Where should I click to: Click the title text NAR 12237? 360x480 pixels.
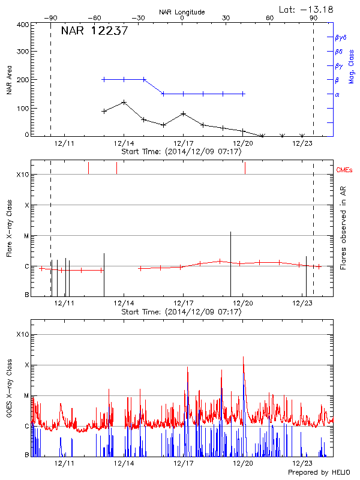(95, 31)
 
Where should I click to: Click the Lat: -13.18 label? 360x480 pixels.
(307, 9)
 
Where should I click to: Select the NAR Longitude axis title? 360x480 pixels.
(182, 12)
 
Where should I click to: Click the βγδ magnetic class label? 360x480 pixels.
(341, 37)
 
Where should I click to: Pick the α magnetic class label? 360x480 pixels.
(337, 94)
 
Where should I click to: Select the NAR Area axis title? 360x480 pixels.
(9, 80)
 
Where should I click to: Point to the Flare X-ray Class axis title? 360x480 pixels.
(9, 228)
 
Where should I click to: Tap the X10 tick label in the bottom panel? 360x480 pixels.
(23, 334)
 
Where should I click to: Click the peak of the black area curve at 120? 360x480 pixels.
(124, 102)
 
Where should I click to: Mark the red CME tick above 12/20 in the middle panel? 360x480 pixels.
(245, 168)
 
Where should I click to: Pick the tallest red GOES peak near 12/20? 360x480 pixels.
(243, 358)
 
